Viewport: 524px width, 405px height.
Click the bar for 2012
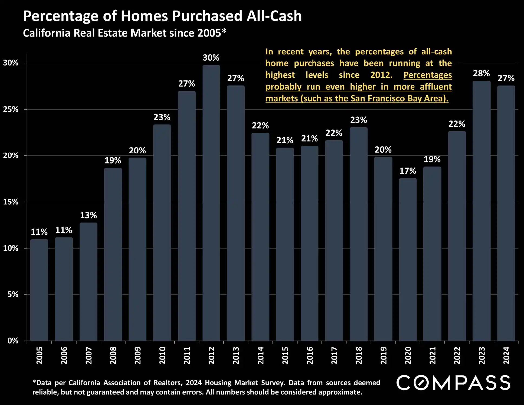(211, 203)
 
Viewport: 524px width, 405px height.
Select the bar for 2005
(39, 290)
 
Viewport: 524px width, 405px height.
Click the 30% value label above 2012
(211, 58)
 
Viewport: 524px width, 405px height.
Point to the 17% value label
(408, 171)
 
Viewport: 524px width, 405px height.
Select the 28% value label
(481, 73)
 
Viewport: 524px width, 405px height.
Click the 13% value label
(88, 215)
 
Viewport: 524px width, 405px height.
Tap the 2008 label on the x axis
(113, 355)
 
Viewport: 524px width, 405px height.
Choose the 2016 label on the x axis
(310, 355)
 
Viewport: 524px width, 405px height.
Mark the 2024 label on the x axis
(506, 355)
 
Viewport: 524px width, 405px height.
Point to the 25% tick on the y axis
(11, 109)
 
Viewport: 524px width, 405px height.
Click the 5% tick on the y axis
(13, 294)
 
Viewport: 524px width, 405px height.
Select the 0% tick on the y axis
(13, 341)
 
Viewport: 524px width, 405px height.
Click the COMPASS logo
(453, 383)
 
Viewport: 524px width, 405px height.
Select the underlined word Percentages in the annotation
(428, 75)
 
